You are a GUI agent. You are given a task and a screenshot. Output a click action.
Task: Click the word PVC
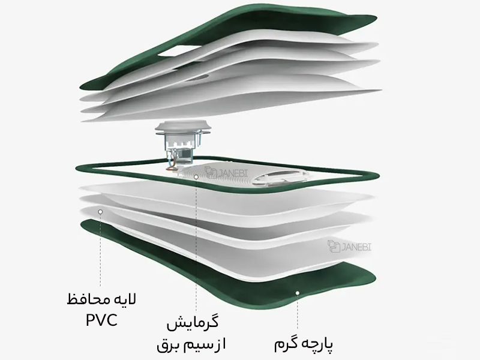(101, 320)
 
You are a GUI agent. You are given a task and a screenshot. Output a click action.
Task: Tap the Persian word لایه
(125, 299)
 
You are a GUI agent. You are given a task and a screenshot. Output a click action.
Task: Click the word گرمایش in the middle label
(193, 323)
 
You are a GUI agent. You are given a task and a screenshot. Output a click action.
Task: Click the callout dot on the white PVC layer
(100, 212)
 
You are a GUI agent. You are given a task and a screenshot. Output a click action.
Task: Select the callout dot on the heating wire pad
(196, 176)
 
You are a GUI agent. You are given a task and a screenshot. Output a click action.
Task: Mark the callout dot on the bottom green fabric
(297, 293)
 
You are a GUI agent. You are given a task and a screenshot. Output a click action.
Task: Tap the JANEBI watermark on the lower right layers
(350, 247)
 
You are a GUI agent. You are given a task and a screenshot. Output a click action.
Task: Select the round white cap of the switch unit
(183, 127)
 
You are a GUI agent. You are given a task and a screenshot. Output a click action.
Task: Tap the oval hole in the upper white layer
(197, 78)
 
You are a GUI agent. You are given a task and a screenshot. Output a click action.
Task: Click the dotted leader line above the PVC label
(100, 250)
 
